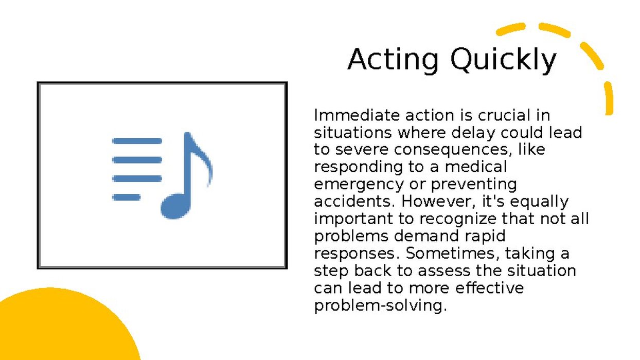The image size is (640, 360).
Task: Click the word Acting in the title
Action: coord(393,61)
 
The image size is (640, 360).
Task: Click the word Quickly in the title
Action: coord(504,60)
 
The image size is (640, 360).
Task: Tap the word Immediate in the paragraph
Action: coord(357,115)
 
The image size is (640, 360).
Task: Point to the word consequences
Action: coord(453,150)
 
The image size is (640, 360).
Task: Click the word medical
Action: coord(476,167)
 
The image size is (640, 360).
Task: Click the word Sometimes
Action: coord(453,254)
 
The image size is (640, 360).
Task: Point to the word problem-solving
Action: coord(380,305)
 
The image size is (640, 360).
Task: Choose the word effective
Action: coord(489,287)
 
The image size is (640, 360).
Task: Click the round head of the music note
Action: coord(174,206)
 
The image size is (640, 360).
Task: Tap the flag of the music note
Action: coord(201,160)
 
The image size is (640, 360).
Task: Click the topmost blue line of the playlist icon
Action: coord(137,141)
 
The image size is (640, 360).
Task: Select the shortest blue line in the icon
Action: coord(126,197)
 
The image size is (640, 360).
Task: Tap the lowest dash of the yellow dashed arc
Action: coord(609,99)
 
